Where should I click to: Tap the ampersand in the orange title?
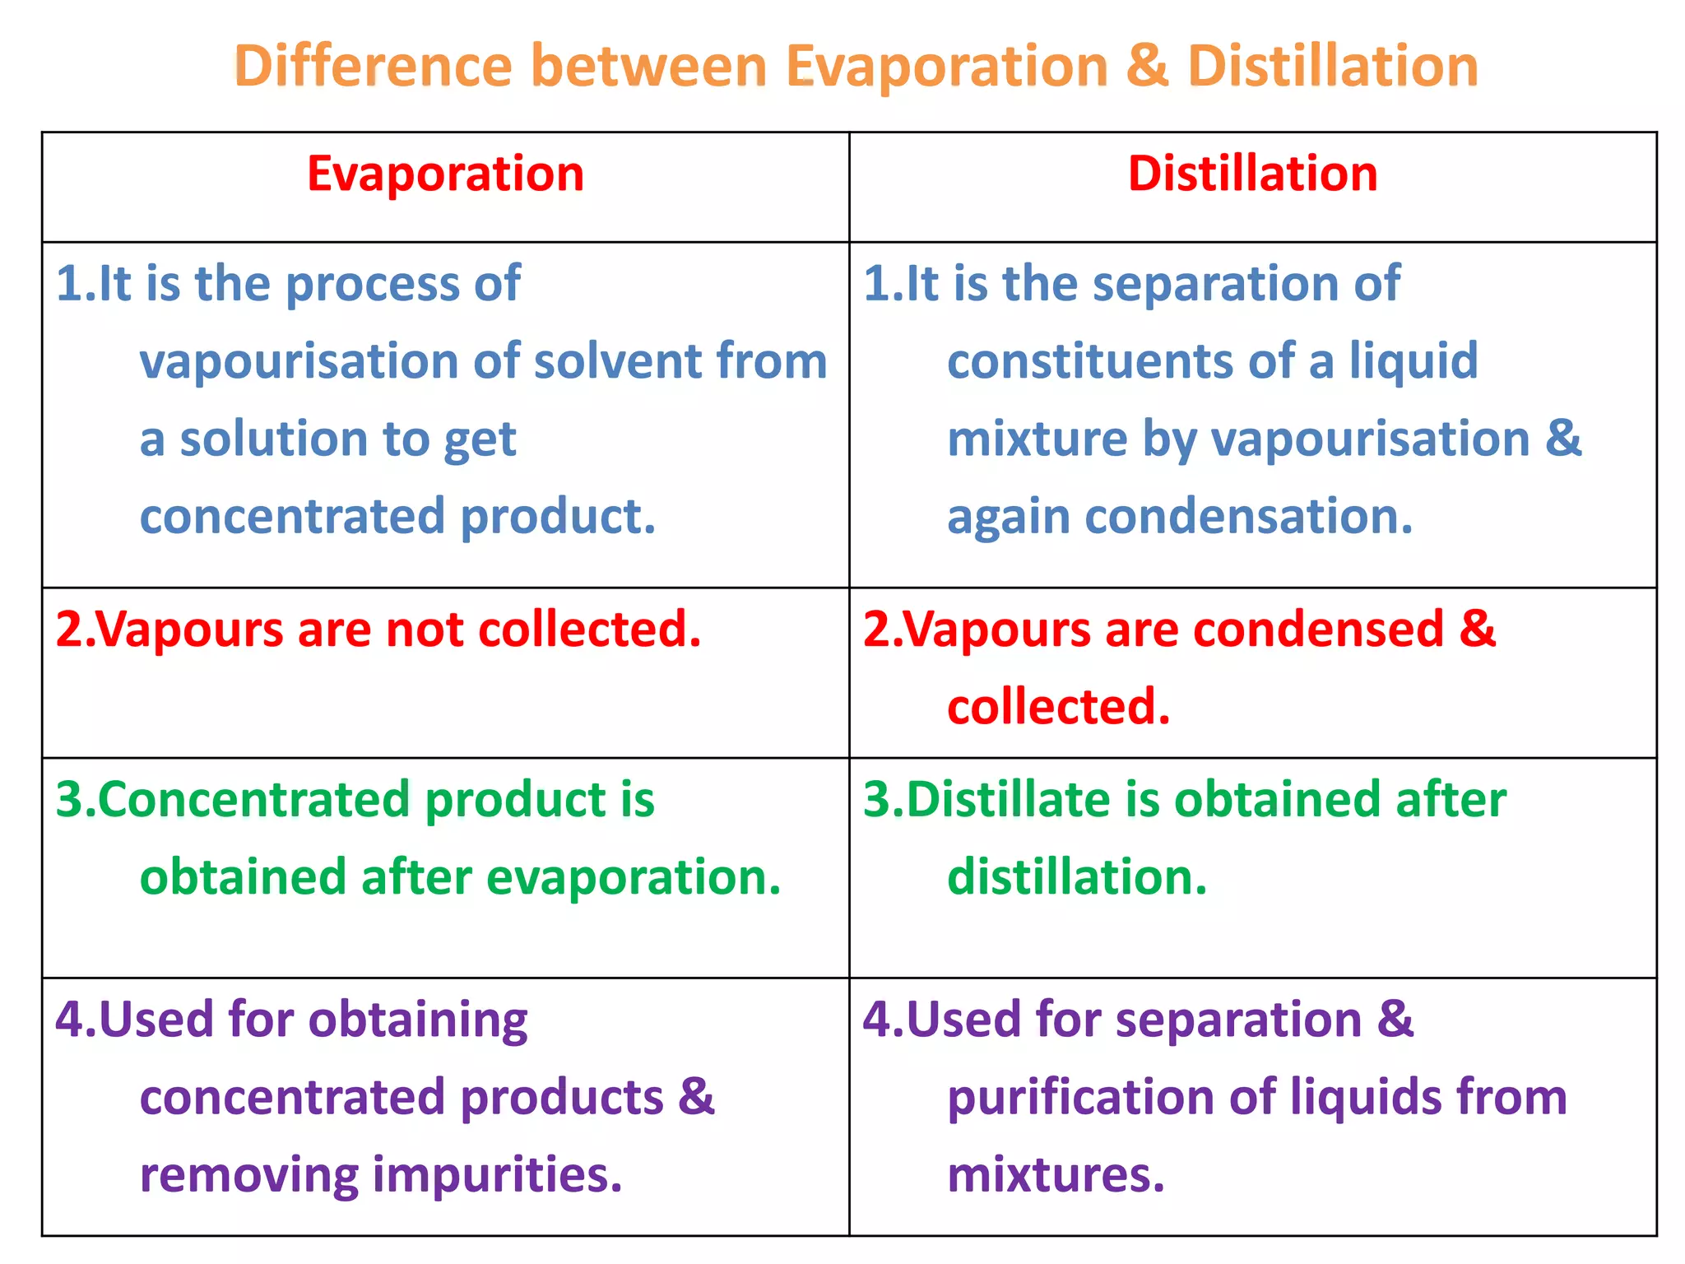(x=1147, y=66)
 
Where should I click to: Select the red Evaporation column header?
(x=445, y=174)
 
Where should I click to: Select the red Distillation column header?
(x=1252, y=174)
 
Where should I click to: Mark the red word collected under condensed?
(x=1058, y=708)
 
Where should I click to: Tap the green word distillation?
(x=1076, y=878)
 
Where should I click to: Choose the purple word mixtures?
(x=1056, y=1175)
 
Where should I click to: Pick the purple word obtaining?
(x=418, y=1021)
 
